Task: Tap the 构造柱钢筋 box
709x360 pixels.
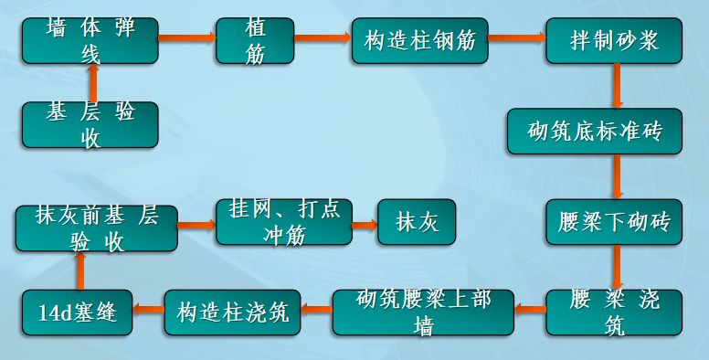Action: pyautogui.click(x=419, y=40)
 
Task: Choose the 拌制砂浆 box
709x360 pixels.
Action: pyautogui.click(x=613, y=40)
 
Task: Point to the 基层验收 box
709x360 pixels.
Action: pyautogui.click(x=90, y=125)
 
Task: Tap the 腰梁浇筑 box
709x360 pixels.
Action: pyautogui.click(x=614, y=312)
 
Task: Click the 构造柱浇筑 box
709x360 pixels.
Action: pyautogui.click(x=232, y=312)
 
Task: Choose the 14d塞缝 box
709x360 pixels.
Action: pyautogui.click(x=77, y=312)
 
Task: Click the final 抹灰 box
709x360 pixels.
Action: pyautogui.click(x=417, y=222)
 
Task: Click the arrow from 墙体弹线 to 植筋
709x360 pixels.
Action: pyautogui.click(x=187, y=38)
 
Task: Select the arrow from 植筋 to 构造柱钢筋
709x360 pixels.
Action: pyautogui.click(x=323, y=38)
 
